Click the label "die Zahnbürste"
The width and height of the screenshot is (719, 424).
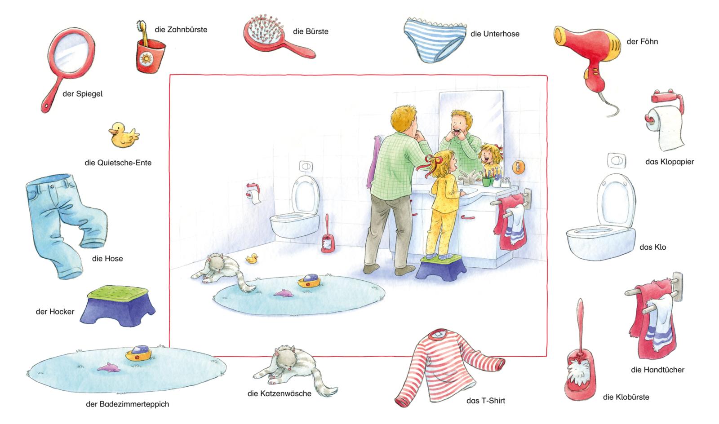tap(181, 30)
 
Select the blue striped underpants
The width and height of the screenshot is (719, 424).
tap(435, 40)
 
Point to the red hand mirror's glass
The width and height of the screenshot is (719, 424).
tap(71, 52)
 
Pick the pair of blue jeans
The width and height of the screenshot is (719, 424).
tap(65, 225)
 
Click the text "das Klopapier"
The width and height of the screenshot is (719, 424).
tap(670, 162)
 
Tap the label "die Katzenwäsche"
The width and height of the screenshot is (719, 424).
tap(279, 393)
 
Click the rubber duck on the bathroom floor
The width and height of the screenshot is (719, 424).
tap(252, 259)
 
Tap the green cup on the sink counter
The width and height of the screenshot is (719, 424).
tap(487, 181)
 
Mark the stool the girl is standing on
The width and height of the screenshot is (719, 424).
tap(441, 267)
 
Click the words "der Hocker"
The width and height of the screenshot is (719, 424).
tap(55, 311)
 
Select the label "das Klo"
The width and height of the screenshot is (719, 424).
tap(652, 247)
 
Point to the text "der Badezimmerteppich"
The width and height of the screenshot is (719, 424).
tap(128, 404)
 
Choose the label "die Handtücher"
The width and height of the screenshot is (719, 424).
tap(657, 370)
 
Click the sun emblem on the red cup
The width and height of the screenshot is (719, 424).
tap(146, 59)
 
